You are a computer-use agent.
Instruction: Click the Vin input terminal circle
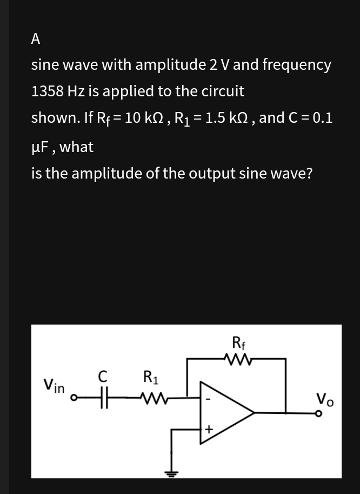tap(77, 400)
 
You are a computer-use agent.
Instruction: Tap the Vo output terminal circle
tap(319, 414)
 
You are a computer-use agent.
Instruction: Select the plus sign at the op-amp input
tap(209, 429)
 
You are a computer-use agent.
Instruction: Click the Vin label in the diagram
tap(54, 386)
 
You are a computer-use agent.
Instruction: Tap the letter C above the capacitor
tap(105, 375)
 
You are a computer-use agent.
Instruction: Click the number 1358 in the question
tap(47, 91)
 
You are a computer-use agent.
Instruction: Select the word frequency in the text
tap(296, 65)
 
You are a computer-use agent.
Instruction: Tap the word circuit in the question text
tap(223, 91)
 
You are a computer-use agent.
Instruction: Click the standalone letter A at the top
tap(36, 38)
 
